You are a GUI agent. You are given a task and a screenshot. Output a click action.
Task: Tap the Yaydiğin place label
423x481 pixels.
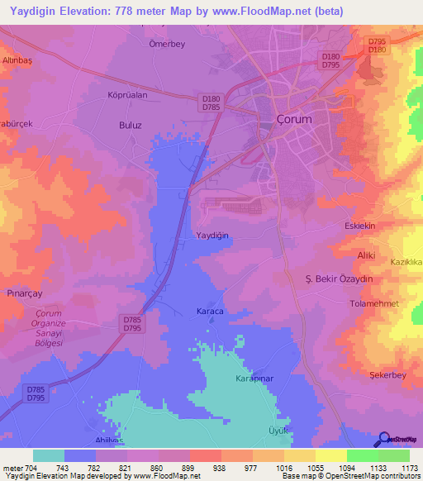(212, 236)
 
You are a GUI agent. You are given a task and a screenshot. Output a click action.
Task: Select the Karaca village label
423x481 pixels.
(210, 311)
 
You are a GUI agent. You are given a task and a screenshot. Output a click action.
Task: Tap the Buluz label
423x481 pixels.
(131, 126)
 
